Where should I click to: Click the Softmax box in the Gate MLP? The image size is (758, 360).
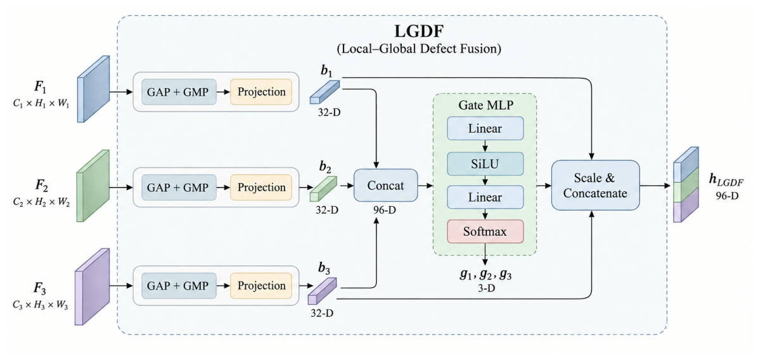[485, 231]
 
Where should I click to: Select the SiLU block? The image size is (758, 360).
[485, 164]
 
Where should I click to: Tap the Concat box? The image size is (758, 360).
[386, 185]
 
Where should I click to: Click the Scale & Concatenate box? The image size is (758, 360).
[595, 185]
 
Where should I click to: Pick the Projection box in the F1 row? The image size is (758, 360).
[261, 91]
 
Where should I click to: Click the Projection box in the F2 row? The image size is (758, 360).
[261, 187]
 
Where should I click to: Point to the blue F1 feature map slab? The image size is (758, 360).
[93, 89]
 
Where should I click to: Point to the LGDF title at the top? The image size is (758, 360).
[392, 34]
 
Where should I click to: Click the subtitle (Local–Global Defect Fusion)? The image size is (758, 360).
[392, 50]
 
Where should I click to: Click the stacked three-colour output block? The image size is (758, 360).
[686, 184]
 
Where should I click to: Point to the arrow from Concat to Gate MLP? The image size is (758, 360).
[425, 185]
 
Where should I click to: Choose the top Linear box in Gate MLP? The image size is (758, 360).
[485, 128]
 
